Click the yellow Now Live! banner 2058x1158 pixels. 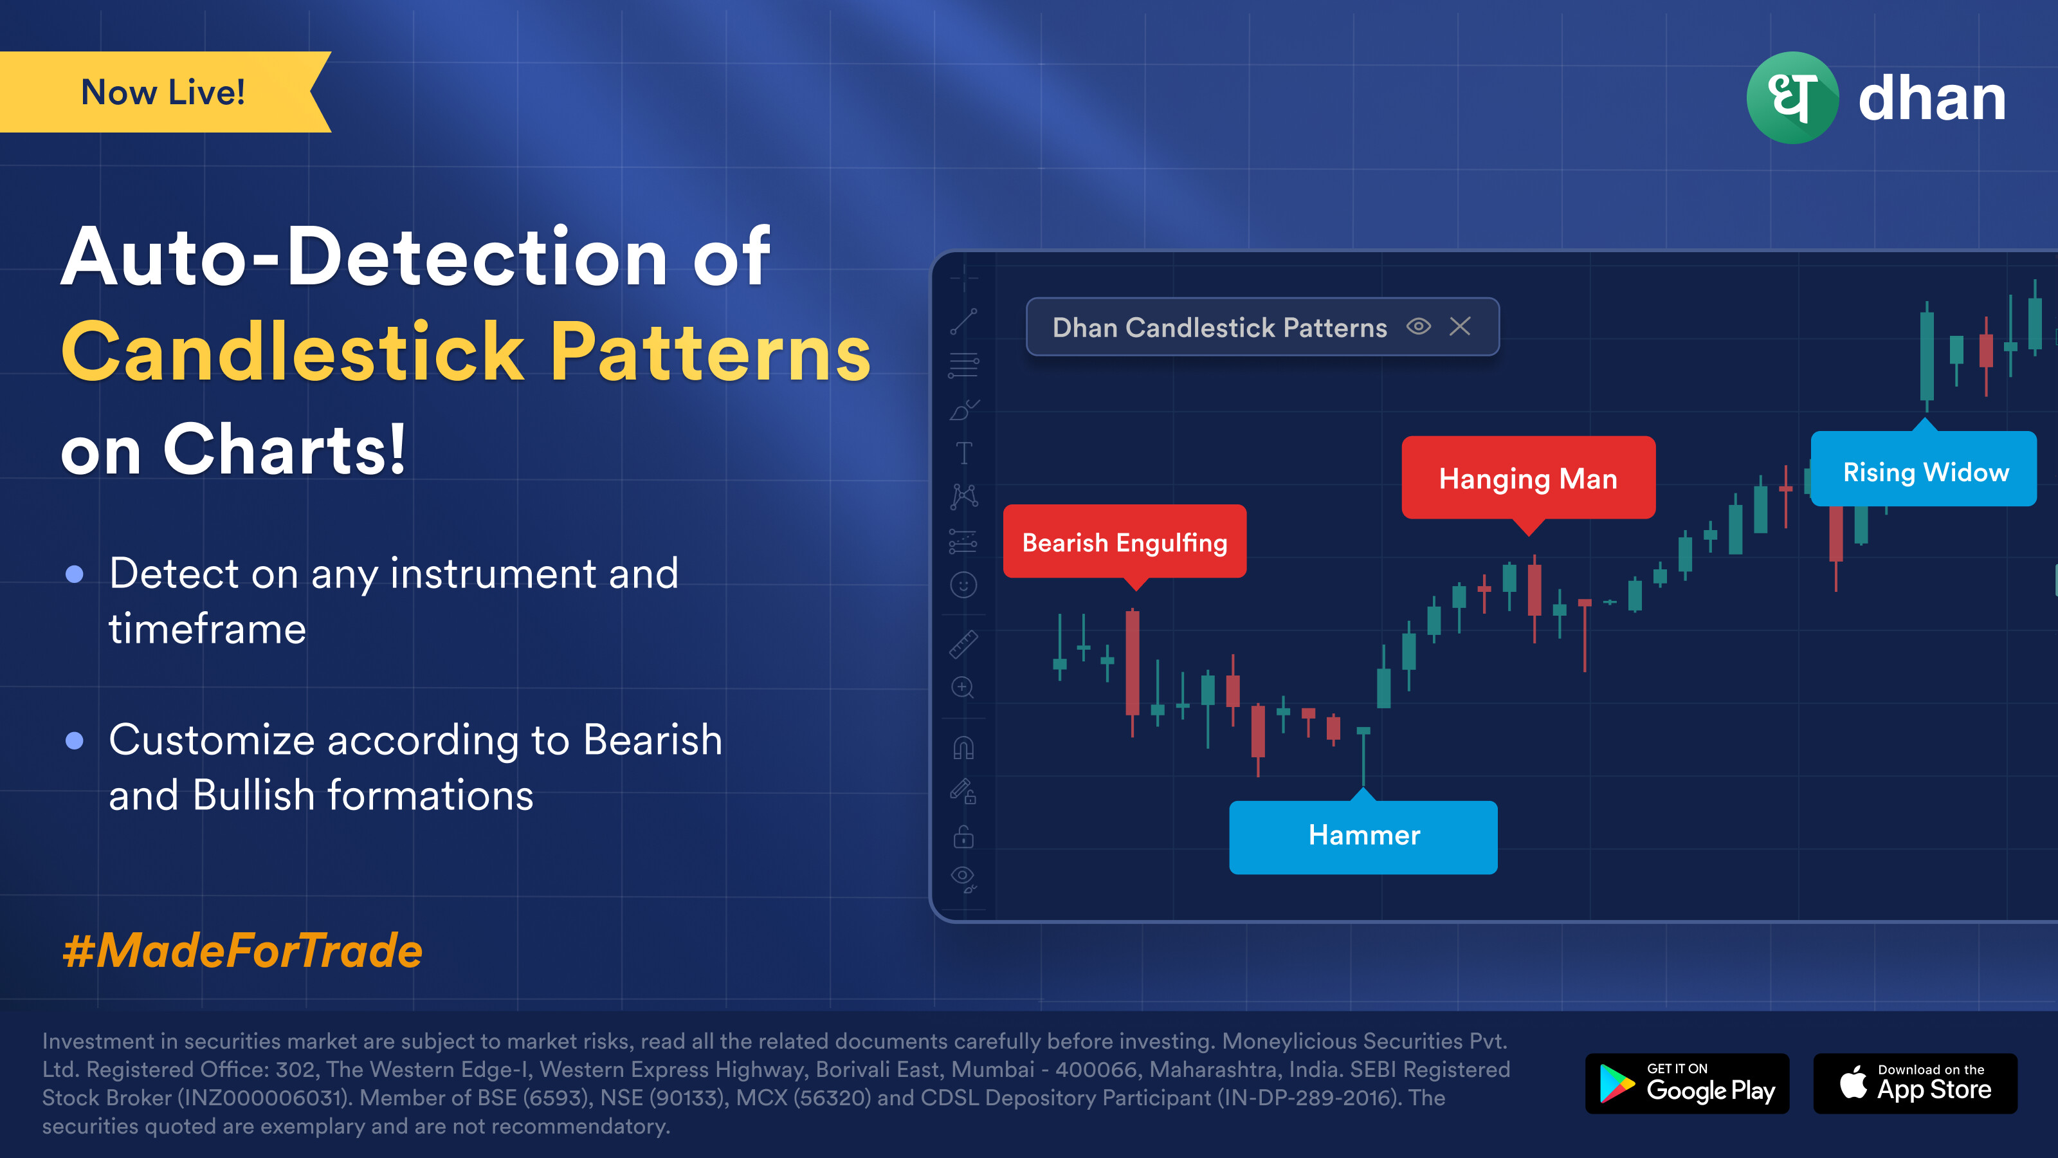point(164,92)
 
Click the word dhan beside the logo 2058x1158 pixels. point(1932,99)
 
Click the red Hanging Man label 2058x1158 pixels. point(1528,479)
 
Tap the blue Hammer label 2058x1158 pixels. point(1363,835)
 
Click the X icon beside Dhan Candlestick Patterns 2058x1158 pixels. point(1460,326)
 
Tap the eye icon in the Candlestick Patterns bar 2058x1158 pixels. point(1418,326)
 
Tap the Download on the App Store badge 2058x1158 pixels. point(1915,1083)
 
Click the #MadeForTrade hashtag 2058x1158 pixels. point(242,951)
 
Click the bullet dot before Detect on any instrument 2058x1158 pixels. point(75,574)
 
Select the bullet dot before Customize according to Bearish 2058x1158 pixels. point(75,741)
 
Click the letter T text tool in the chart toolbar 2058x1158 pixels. point(964,453)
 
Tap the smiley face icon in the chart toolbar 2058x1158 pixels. point(963,585)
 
